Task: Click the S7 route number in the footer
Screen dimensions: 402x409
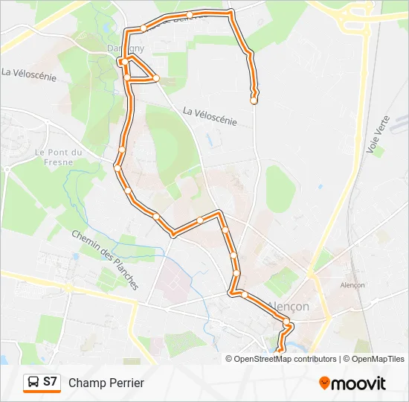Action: point(50,382)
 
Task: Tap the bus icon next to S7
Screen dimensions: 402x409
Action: point(33,383)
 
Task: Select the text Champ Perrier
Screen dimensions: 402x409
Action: point(106,383)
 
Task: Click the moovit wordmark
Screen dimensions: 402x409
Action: point(358,383)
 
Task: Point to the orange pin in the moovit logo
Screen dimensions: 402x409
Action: point(325,383)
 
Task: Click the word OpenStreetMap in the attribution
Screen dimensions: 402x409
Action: point(264,359)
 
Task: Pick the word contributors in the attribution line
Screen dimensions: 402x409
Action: point(315,359)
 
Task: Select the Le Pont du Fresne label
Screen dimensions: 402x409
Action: point(59,157)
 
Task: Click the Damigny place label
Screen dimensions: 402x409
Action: point(126,48)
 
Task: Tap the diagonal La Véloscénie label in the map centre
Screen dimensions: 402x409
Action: point(210,115)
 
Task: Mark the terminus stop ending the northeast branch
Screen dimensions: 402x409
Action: point(254,100)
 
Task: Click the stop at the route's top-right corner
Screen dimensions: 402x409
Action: point(231,12)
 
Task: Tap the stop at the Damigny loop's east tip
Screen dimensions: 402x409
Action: point(156,77)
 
